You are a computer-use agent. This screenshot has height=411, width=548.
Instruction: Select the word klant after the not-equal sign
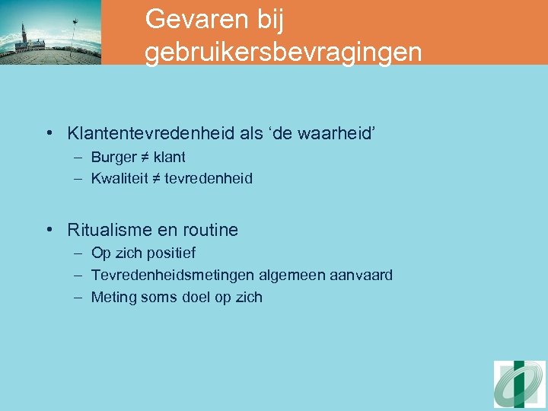[169, 158]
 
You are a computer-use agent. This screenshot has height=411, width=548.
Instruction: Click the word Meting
[113, 298]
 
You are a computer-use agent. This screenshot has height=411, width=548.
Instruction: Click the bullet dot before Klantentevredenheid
[49, 134]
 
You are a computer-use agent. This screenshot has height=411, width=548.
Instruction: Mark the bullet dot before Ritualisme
[49, 230]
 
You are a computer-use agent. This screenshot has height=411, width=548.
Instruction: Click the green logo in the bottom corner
[519, 383]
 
